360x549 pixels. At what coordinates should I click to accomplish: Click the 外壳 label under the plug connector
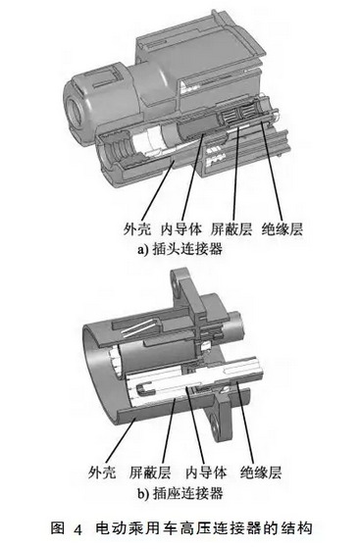coord(137,228)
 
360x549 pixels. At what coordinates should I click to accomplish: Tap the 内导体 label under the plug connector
coord(181,228)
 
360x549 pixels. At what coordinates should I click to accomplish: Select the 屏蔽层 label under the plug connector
coord(231,228)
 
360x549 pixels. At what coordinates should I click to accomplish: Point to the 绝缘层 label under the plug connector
coord(283,228)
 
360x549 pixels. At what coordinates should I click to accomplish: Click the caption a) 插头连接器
coord(180,249)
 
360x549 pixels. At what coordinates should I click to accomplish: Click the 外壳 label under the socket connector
coord(102,473)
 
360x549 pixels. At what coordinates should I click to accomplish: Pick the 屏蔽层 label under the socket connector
coord(150,473)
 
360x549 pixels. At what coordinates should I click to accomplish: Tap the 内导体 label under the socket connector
coord(206,473)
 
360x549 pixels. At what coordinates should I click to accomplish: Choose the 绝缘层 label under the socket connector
coord(261,473)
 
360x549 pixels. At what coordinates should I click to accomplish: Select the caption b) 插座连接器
coord(180,493)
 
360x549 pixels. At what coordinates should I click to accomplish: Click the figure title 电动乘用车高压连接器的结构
coord(204,528)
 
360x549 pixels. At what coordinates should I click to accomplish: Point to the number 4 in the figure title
coord(77,529)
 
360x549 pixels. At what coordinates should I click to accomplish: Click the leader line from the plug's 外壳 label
coord(157,189)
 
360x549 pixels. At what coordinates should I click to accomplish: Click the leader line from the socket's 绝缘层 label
coord(245,423)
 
